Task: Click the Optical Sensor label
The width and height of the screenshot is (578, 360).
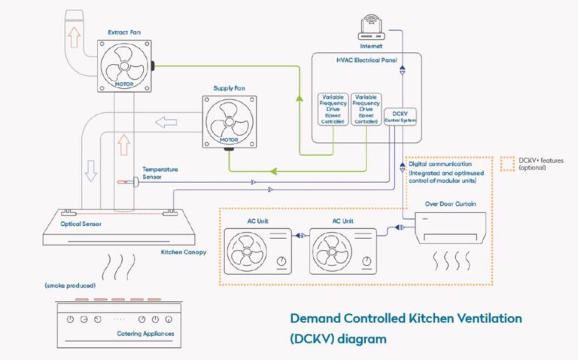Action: coord(82,224)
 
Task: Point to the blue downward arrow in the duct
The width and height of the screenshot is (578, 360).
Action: coord(91,172)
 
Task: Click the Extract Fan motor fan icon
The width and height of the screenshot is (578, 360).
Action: coord(125,65)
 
